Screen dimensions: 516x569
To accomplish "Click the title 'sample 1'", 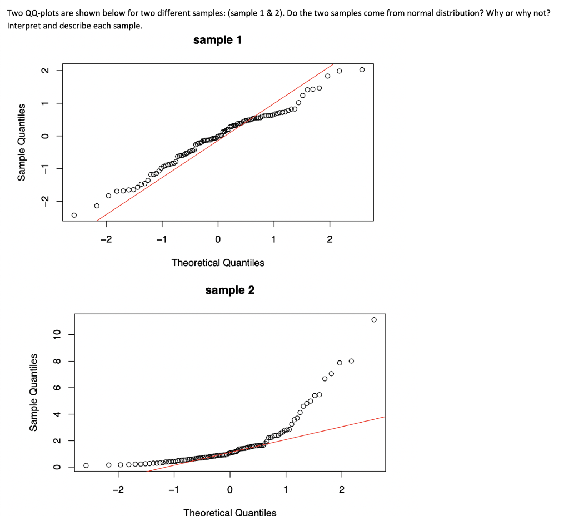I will pyautogui.click(x=217, y=40).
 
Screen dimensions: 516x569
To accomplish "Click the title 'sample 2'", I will pyautogui.click(x=229, y=290).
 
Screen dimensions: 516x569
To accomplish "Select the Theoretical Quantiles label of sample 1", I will pyautogui.click(x=218, y=263).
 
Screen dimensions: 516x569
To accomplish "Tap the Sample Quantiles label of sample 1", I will pyautogui.click(x=22, y=142).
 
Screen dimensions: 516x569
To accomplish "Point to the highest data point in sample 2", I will pyautogui.click(x=374, y=319).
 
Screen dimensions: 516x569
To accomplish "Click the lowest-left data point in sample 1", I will pyautogui.click(x=74, y=215).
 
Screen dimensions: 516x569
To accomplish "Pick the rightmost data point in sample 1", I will pyautogui.click(x=362, y=69).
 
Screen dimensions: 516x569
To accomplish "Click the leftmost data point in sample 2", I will pyautogui.click(x=86, y=465).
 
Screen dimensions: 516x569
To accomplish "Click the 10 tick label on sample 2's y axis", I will pyautogui.click(x=56, y=335).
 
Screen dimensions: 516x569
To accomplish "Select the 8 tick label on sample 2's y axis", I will pyautogui.click(x=56, y=362).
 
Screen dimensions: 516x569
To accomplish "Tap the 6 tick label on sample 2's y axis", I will pyautogui.click(x=56, y=388).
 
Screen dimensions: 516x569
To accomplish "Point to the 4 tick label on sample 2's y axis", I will pyautogui.click(x=56, y=414).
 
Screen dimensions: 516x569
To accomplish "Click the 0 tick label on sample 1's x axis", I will pyautogui.click(x=218, y=240).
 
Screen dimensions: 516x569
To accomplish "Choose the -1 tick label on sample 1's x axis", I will pyautogui.click(x=161, y=240).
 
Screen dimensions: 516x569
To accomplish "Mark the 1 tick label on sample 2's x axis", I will pyautogui.click(x=286, y=490).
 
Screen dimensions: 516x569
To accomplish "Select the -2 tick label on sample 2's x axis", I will pyautogui.click(x=117, y=490).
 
